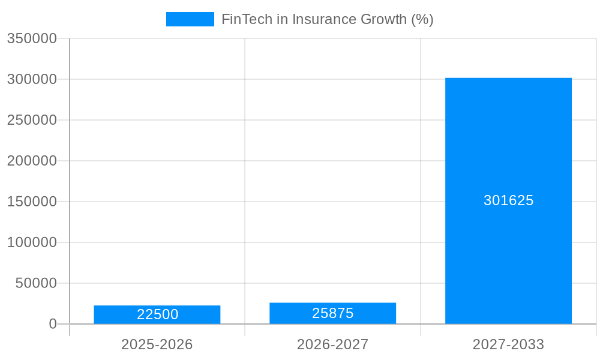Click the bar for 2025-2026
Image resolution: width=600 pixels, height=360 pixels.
click(x=157, y=314)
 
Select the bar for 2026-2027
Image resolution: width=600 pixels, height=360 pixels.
click(x=332, y=313)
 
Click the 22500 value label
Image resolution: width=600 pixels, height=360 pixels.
click(x=158, y=314)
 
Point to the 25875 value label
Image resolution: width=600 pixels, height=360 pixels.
click(x=333, y=313)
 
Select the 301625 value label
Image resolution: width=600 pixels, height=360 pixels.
click(x=509, y=200)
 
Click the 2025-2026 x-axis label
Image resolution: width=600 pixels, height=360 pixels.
click(x=157, y=344)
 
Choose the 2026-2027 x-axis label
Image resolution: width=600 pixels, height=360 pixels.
click(x=332, y=344)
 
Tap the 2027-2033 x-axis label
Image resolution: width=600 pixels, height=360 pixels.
click(x=508, y=344)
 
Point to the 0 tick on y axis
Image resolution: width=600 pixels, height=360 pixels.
click(x=53, y=324)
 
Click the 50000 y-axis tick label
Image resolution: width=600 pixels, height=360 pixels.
click(x=36, y=283)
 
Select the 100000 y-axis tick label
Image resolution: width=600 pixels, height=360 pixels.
click(x=32, y=242)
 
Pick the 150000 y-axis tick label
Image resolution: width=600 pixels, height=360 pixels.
click(x=32, y=202)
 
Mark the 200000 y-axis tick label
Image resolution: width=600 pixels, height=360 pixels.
click(x=32, y=161)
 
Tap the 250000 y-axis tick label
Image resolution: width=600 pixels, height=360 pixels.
click(x=32, y=120)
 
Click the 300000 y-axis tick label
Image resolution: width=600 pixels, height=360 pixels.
click(x=32, y=79)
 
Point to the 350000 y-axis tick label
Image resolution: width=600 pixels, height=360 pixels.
click(x=32, y=38)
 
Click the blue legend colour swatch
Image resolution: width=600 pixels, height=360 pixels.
click(x=190, y=19)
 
